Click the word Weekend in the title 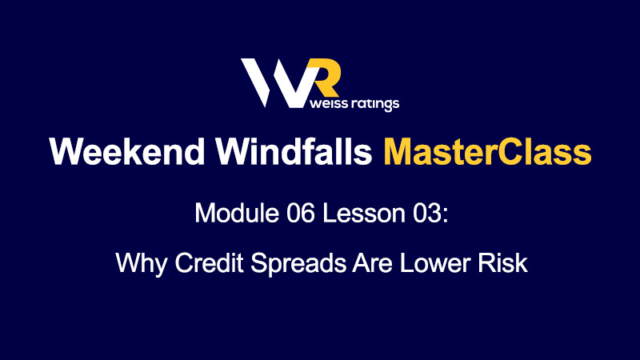pyautogui.click(x=127, y=151)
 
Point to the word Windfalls pyautogui.click(x=294, y=151)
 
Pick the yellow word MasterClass pyautogui.click(x=487, y=151)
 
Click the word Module pyautogui.click(x=237, y=213)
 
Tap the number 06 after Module pyautogui.click(x=301, y=213)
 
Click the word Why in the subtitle pyautogui.click(x=142, y=263)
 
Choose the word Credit pyautogui.click(x=209, y=262)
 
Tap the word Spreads pyautogui.click(x=298, y=263)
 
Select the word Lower pyautogui.click(x=435, y=262)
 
